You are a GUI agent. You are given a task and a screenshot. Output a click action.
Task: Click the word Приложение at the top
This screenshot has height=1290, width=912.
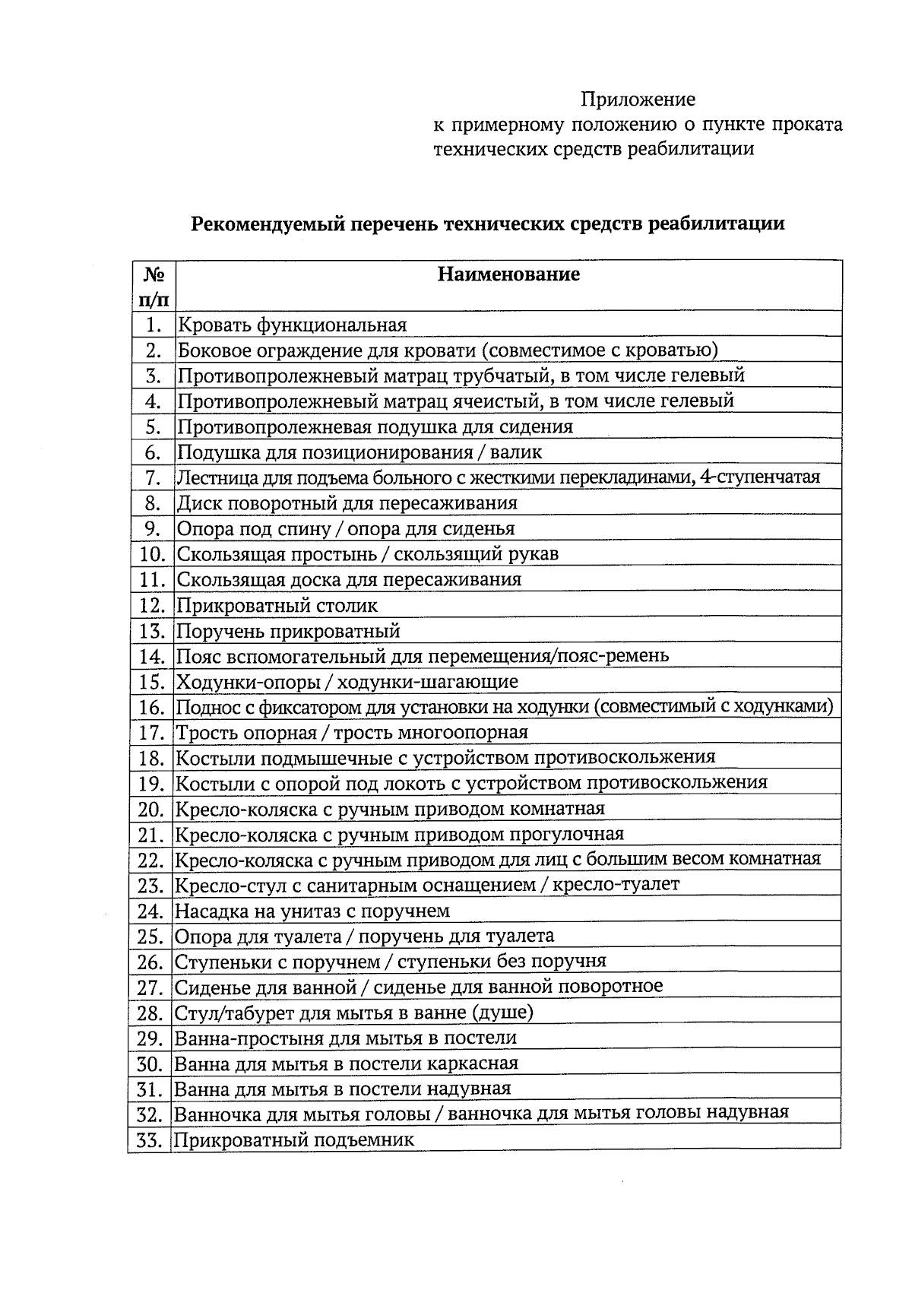[638, 100]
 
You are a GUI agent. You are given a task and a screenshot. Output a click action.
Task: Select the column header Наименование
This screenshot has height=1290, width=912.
[508, 274]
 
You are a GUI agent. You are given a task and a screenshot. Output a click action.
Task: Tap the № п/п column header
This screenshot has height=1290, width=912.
[154, 285]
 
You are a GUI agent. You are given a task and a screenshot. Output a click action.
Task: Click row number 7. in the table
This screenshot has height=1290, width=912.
[154, 477]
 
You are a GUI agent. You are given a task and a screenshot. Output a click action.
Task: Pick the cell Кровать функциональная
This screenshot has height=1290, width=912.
[292, 325]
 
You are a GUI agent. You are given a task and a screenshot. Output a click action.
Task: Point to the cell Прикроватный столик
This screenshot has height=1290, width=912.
[277, 606]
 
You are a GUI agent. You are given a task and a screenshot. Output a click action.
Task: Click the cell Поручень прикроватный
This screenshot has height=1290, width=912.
[288, 631]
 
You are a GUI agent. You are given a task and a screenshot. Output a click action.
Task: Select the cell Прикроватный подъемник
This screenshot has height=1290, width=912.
[294, 1140]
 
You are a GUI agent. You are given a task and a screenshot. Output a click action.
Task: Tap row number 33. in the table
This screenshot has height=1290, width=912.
[150, 1140]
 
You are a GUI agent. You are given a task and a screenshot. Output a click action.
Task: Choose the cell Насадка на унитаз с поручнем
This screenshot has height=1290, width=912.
[312, 911]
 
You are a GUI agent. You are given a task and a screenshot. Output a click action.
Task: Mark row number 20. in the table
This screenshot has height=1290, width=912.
[151, 809]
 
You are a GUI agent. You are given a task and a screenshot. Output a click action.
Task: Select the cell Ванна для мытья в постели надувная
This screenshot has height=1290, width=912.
[342, 1089]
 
